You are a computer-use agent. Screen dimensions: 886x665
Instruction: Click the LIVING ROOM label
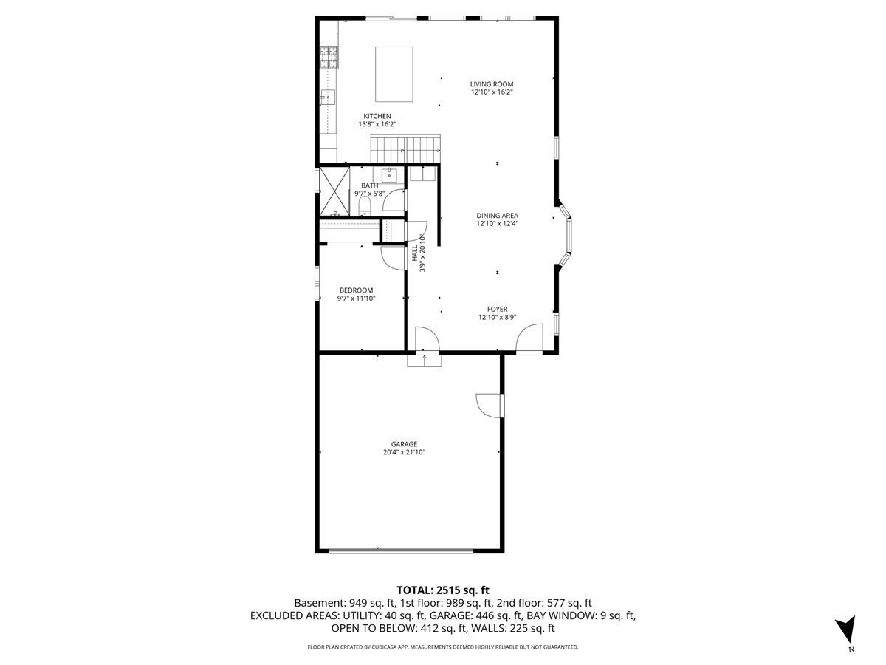tap(491, 84)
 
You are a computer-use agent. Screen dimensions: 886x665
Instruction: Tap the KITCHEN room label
tap(377, 116)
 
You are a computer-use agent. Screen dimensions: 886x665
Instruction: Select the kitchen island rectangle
tap(394, 74)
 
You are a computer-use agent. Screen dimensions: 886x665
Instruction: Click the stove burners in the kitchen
tap(329, 57)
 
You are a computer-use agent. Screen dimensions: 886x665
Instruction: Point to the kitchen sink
tap(328, 98)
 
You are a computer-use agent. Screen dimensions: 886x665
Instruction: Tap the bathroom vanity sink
tap(388, 175)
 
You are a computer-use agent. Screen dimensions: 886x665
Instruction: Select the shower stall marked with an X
tap(334, 191)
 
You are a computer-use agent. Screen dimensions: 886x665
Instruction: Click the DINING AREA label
tap(497, 216)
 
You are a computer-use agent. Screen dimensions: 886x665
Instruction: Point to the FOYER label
tap(498, 310)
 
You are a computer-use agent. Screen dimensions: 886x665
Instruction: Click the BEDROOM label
tap(356, 290)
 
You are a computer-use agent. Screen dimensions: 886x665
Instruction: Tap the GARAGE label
tap(404, 444)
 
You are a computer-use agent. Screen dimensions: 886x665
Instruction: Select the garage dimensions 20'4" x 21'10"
tap(404, 453)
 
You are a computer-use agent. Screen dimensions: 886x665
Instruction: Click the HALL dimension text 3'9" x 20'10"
tap(422, 253)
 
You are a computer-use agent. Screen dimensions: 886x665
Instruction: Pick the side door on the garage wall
tap(490, 406)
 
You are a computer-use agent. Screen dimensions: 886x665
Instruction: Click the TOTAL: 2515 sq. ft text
tap(443, 590)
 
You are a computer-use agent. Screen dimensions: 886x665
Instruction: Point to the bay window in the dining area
tap(566, 236)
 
